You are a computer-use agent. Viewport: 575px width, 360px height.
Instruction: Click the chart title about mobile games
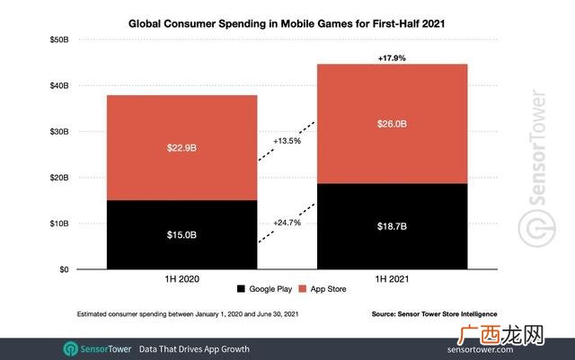point(287,24)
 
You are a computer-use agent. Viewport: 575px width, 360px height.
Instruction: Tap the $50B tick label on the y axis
point(59,40)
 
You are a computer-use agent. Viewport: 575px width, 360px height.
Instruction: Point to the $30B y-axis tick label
point(59,132)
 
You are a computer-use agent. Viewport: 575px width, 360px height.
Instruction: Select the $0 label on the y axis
point(64,270)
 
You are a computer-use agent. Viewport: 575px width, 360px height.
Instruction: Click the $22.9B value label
point(181,148)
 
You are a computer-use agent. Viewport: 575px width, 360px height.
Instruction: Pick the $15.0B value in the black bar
point(181,234)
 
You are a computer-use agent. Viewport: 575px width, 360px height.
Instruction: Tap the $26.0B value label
point(392,124)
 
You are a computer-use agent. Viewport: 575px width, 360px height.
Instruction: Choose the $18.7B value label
point(392,226)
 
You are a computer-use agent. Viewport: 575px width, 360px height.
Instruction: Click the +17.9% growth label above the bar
point(392,58)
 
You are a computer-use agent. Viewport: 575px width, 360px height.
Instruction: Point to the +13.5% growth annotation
point(287,141)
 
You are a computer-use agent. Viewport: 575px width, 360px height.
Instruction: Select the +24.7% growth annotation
point(287,223)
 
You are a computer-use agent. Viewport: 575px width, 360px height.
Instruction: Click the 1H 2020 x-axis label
point(181,279)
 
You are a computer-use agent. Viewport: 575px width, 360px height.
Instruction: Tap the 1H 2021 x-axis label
point(392,279)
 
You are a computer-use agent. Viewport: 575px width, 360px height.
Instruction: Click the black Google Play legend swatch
point(241,289)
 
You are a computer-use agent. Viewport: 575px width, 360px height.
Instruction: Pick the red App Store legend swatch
point(303,289)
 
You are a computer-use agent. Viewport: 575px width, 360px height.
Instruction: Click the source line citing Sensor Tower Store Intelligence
point(434,314)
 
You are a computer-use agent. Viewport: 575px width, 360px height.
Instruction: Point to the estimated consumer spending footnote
point(188,314)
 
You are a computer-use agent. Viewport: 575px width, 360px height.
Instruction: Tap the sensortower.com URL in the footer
point(480,350)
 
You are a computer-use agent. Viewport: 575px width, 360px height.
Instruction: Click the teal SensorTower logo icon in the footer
point(70,349)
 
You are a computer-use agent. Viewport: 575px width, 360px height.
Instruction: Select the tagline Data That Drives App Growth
point(194,349)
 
